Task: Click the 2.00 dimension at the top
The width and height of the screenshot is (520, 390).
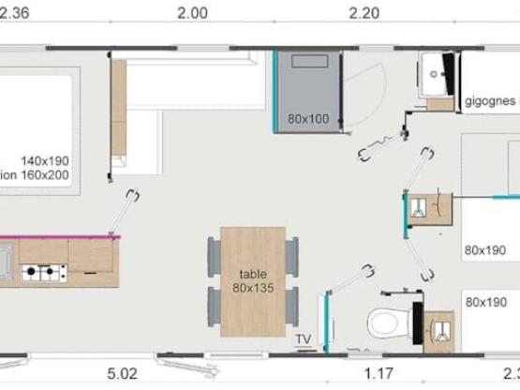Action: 192,12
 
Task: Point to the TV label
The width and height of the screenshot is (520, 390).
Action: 303,339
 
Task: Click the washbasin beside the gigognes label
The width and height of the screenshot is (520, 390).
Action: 435,72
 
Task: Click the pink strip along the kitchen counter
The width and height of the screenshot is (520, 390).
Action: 56,236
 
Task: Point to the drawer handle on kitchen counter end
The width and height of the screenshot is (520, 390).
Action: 91,272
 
